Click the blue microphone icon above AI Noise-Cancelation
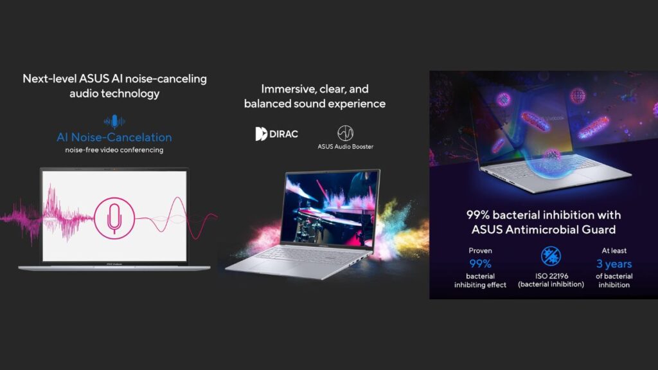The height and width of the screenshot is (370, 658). pos(114,122)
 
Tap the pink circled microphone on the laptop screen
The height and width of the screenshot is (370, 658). pos(114,219)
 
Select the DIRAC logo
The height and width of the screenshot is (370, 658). pos(276,134)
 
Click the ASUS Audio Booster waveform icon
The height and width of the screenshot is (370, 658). pos(345,133)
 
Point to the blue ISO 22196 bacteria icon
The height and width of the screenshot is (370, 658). pos(551,256)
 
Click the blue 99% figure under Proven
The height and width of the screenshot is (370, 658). pos(480,264)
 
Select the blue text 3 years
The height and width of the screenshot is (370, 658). pos(614,264)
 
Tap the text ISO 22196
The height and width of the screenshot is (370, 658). pos(551,276)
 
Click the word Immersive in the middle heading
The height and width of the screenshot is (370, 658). pos(287,89)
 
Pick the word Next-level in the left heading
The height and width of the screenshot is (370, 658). pos(49,79)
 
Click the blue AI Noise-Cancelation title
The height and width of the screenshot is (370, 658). pos(114,137)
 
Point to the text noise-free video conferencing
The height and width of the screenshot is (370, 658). pos(114,150)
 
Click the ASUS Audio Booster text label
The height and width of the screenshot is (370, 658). pos(345,147)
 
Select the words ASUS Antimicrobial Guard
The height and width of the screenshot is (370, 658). pos(544,230)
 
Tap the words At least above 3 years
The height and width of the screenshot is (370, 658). pos(614,250)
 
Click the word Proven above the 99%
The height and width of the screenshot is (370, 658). pos(480,250)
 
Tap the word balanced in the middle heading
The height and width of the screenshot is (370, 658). pos(267,104)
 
